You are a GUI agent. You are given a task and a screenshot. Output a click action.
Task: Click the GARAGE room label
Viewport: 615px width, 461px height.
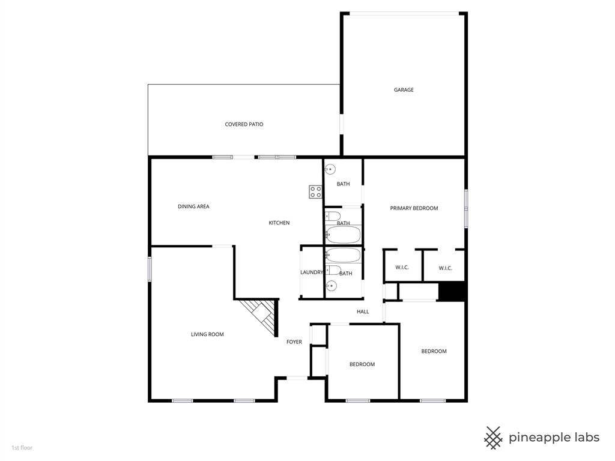404,90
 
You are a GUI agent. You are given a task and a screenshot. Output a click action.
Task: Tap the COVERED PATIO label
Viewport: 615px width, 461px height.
244,124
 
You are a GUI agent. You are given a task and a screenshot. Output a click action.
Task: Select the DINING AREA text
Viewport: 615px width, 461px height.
193,206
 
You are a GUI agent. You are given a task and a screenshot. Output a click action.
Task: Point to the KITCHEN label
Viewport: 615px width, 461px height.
279,223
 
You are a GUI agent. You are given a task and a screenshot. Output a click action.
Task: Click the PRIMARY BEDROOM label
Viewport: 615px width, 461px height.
414,208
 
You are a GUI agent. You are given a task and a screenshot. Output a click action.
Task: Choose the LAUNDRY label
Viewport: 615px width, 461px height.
312,273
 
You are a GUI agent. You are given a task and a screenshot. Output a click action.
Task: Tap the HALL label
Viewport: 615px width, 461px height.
363,312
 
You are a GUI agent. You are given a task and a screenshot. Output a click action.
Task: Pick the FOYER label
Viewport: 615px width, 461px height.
294,342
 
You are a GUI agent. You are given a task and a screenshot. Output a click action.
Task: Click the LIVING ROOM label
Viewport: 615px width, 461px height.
207,334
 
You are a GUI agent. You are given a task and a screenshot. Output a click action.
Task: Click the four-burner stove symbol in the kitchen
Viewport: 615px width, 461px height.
316,192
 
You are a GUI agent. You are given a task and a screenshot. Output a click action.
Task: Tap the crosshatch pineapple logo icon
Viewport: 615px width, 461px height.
493,438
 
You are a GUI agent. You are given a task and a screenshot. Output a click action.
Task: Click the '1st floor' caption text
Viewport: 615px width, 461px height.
22,447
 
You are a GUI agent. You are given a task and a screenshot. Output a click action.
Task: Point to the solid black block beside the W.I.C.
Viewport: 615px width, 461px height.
452,291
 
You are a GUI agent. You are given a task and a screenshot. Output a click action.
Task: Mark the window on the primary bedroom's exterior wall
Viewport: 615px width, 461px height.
466,208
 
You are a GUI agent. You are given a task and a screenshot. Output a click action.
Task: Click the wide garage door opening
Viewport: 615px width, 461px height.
404,13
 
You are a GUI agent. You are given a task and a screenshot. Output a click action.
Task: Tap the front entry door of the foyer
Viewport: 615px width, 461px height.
297,378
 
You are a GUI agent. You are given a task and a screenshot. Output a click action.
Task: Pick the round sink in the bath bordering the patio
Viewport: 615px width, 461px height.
331,170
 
